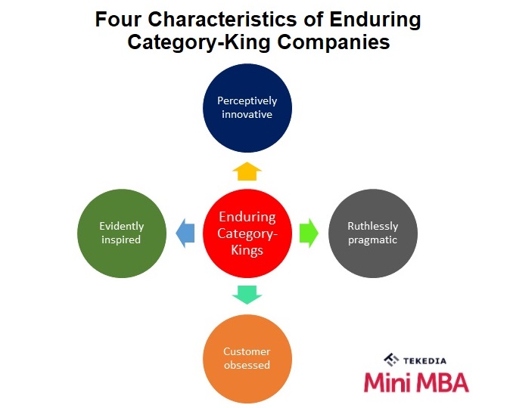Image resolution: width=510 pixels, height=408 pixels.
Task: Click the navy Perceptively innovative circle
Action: [247, 108]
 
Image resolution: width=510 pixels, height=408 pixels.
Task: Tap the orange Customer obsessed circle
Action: [247, 358]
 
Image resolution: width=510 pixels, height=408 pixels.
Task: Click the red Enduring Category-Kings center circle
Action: [247, 233]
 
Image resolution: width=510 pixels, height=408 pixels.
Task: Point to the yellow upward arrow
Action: [247, 171]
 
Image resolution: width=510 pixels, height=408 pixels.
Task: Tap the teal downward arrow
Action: [247, 295]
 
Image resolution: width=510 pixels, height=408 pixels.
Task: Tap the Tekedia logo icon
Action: [391, 360]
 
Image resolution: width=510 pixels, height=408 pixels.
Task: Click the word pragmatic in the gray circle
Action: [373, 240]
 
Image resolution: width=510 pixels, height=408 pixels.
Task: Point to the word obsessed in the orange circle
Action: [247, 365]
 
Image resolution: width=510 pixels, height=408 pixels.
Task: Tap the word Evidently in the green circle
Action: [122, 226]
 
